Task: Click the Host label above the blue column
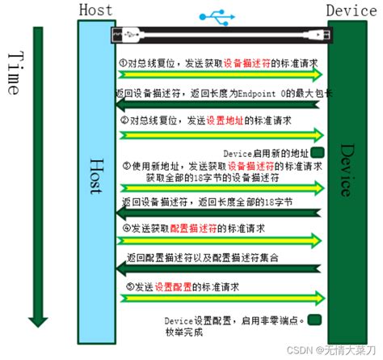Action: point(97,11)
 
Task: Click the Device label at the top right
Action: point(351,11)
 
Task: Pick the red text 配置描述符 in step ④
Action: point(204,228)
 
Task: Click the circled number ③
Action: point(127,166)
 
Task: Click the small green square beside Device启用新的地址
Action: point(318,150)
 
